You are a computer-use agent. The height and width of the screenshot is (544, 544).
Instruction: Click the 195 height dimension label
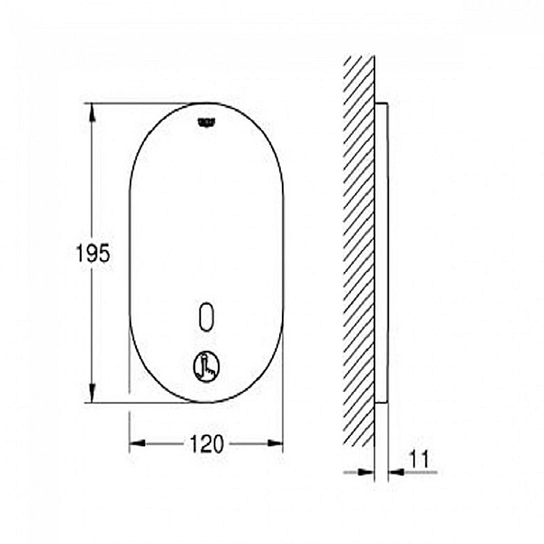[92, 254]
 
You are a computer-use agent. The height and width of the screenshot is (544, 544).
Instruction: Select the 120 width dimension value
[207, 443]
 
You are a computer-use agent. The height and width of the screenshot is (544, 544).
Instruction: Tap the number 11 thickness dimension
[418, 460]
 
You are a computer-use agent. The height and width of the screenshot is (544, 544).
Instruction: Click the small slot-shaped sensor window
[207, 316]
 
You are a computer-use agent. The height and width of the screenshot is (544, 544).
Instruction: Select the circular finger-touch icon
[206, 365]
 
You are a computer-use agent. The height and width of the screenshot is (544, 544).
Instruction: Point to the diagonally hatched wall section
[359, 254]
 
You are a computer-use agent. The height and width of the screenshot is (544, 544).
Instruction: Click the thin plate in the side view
[381, 254]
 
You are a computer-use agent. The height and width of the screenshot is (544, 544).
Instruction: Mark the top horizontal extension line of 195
[145, 102]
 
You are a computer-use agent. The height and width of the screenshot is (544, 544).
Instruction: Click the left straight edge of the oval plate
[130, 254]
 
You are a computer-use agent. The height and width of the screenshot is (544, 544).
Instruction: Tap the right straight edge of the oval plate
[283, 254]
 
